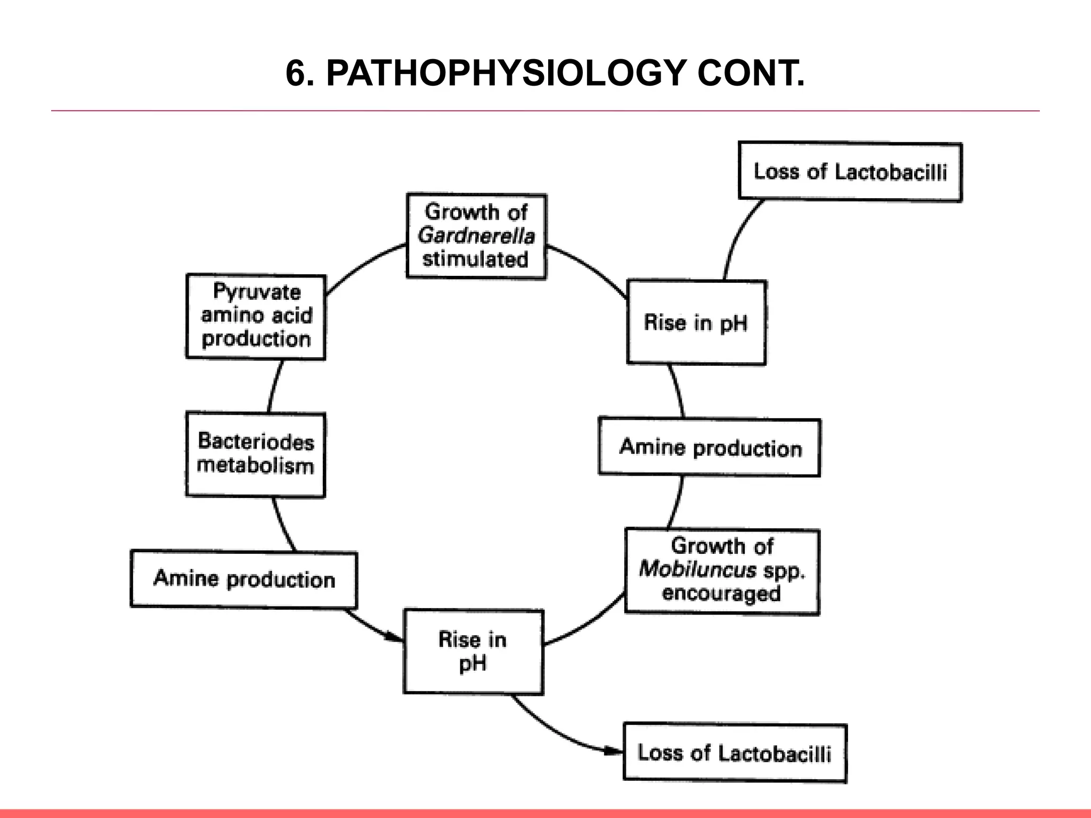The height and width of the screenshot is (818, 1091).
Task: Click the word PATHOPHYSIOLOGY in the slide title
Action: click(505, 73)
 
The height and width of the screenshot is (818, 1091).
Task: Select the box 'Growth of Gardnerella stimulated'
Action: click(476, 236)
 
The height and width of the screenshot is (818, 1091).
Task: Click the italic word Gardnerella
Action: click(476, 235)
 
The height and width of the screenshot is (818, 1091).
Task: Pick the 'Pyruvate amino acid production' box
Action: click(256, 316)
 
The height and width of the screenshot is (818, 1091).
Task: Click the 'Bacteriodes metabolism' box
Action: click(256, 454)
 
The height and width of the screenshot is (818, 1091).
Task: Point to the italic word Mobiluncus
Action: click(697, 569)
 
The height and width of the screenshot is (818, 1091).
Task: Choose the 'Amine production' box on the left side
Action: click(244, 579)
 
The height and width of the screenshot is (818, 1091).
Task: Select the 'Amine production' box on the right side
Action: click(710, 447)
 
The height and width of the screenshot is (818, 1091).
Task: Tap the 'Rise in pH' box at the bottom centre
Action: click(473, 651)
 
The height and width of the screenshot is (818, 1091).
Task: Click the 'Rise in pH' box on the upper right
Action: click(696, 322)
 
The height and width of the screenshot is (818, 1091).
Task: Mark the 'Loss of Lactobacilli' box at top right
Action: click(850, 171)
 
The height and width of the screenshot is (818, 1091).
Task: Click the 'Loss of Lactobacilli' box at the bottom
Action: click(735, 753)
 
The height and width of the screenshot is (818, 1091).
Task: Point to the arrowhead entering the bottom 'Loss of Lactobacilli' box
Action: click(615, 751)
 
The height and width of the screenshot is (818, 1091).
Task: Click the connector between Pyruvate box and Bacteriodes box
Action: click(273, 386)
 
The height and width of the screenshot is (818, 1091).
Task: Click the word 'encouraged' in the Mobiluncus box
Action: click(721, 593)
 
